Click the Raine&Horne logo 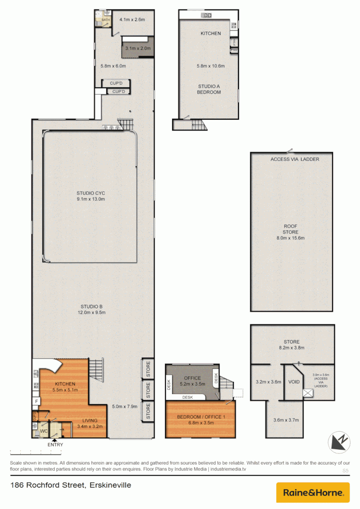tap(313, 493)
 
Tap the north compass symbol tap(339, 442)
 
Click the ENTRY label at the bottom tap(55, 444)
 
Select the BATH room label tap(106, 20)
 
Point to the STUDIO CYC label tap(90, 193)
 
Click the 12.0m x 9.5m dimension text tap(91, 312)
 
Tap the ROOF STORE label tap(291, 229)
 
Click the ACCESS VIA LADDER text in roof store tap(295, 159)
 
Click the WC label tap(43, 431)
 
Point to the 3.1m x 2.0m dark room tap(138, 49)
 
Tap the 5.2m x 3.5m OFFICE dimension tap(193, 385)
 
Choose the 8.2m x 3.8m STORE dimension tap(291, 348)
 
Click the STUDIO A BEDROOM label tap(209, 89)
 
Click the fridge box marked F tap(36, 402)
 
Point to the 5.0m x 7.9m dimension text tap(124, 406)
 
